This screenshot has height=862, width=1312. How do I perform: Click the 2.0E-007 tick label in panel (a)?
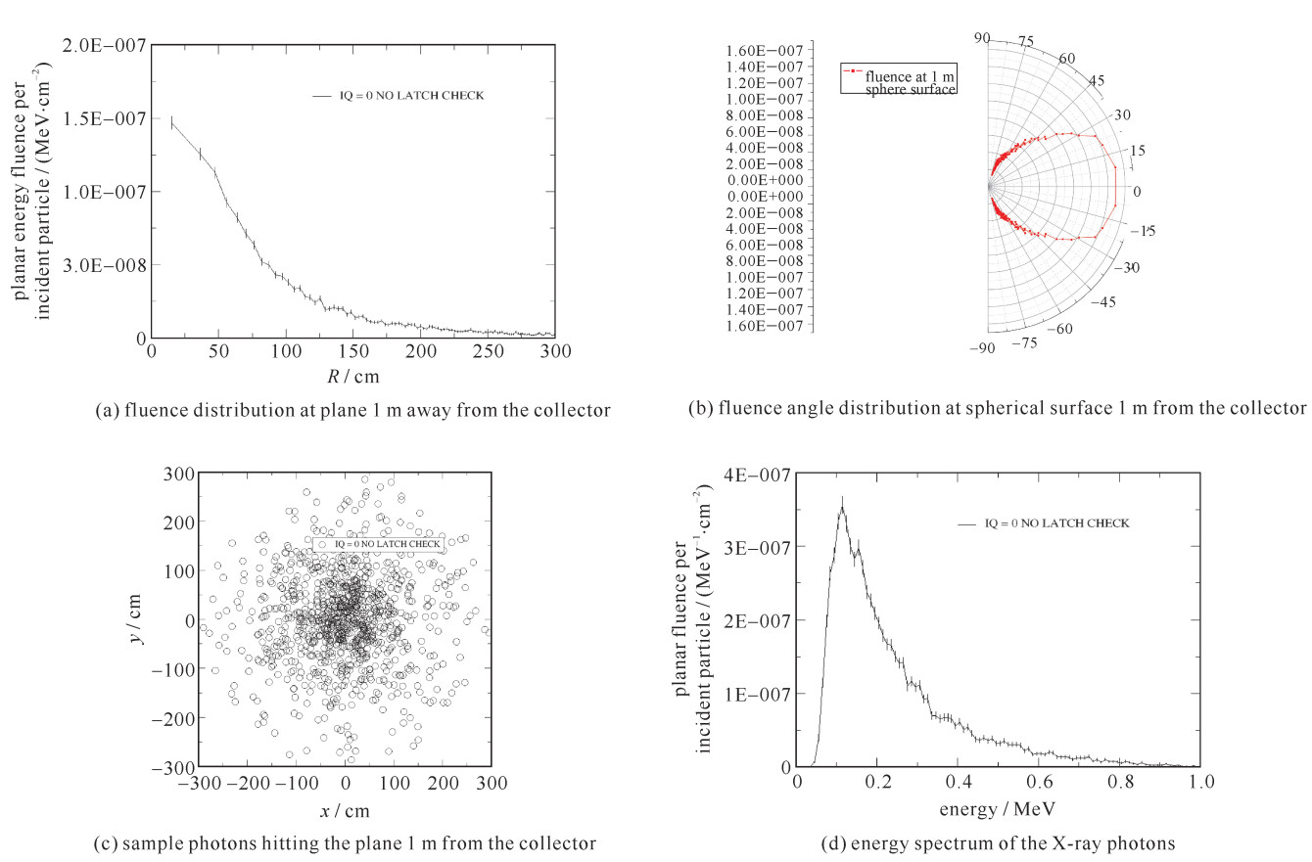(108, 45)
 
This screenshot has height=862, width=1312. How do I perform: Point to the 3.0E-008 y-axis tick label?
(108, 265)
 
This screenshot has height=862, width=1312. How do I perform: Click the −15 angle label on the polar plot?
(1143, 231)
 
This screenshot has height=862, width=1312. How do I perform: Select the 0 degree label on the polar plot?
(1136, 191)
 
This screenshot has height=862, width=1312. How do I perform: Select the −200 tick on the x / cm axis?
(247, 783)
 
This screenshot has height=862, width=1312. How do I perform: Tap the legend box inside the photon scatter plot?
(378, 543)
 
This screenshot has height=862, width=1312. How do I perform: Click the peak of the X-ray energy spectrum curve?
(841, 505)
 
